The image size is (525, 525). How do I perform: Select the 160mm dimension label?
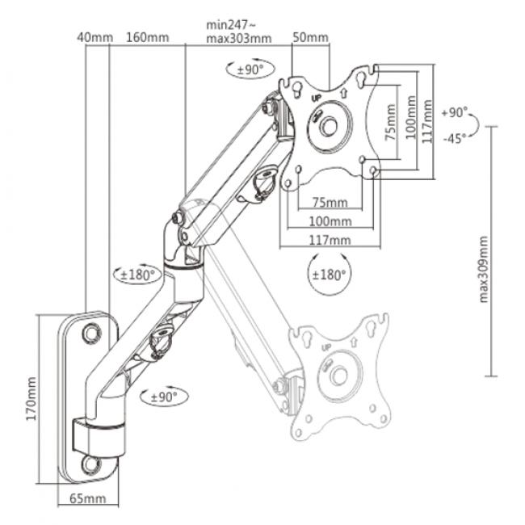147,37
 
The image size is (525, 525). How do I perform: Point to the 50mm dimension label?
310,37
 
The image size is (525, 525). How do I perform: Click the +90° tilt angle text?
456,112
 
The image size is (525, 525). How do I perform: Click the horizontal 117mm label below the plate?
330,240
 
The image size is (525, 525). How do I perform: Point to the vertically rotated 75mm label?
390,124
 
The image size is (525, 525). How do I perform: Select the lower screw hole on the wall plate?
90,465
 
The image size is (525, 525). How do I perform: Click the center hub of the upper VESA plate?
329,127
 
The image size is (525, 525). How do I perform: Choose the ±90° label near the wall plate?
162,397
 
